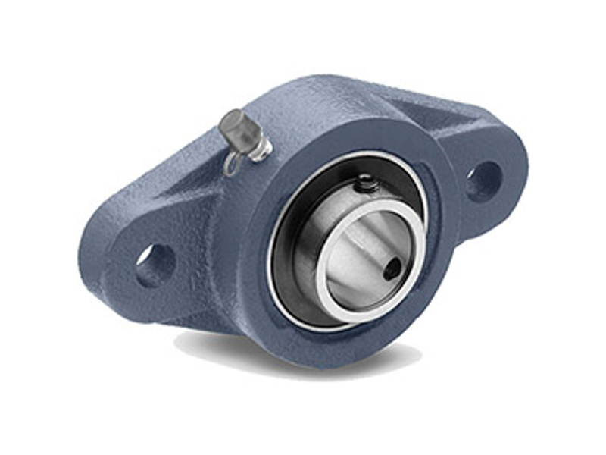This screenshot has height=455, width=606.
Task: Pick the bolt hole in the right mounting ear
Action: point(482,180)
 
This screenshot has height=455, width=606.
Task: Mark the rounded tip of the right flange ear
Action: point(521,163)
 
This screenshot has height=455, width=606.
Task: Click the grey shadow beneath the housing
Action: point(227,346)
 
